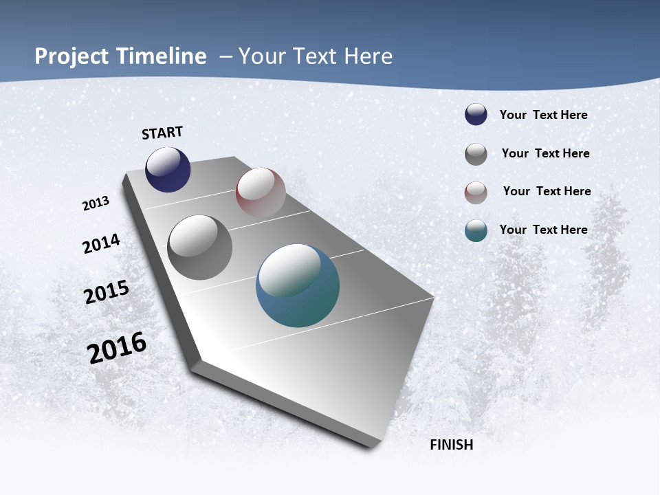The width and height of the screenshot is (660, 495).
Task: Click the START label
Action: [162, 133]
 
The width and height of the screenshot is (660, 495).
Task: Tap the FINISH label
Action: [451, 445]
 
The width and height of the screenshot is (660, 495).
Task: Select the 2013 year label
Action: [96, 203]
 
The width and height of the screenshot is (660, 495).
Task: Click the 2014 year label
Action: [101, 243]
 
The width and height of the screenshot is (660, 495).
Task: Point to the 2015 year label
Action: [106, 292]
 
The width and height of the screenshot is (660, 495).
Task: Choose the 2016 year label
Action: [117, 348]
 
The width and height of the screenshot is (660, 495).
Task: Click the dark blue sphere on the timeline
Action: [168, 170]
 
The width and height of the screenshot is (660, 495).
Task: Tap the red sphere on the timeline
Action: [261, 192]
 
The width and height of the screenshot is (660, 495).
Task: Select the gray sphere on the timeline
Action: [199, 247]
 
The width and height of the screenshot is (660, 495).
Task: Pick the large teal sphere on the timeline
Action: [298, 285]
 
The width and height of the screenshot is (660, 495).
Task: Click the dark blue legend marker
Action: [476, 115]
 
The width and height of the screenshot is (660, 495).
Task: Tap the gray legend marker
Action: [476, 154]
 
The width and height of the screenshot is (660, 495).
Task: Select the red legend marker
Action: [476, 192]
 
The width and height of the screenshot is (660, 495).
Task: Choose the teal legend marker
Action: [476, 230]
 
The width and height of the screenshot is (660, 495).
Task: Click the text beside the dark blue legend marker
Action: [543, 115]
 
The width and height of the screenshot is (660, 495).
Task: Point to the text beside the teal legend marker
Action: [543, 230]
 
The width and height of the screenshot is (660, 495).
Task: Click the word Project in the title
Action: [72, 56]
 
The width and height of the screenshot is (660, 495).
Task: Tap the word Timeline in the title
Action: [166, 56]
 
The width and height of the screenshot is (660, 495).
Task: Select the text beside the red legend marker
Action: [547, 191]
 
